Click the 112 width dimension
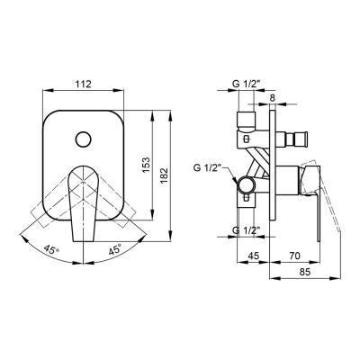point(83,85)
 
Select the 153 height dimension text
point(146,165)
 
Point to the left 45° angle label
point(51,248)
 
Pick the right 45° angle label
point(115,249)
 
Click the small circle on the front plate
point(83,139)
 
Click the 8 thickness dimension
point(272,97)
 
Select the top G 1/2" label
point(245,85)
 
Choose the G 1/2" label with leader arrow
point(208,168)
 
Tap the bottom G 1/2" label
point(246,230)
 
